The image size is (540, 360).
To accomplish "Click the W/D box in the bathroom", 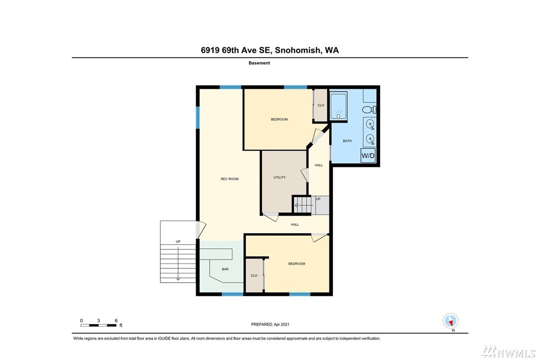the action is pyautogui.click(x=368, y=156).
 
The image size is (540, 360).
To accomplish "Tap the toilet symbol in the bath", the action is pyautogui.click(x=369, y=110).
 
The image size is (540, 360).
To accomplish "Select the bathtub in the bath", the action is pyautogui.click(x=338, y=106).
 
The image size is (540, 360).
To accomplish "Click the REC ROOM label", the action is pyautogui.click(x=229, y=179).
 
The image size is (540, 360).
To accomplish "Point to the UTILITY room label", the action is pyautogui.click(x=279, y=177).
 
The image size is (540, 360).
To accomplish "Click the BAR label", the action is pyautogui.click(x=225, y=269).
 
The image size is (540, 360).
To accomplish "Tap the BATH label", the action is pyautogui.click(x=347, y=141).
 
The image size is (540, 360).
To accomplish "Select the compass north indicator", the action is pyautogui.click(x=450, y=322).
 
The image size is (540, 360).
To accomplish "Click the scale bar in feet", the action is pyautogui.click(x=99, y=325).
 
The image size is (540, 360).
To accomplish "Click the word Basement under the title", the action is pyautogui.click(x=259, y=63).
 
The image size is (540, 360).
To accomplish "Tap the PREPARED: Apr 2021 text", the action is pyautogui.click(x=270, y=324).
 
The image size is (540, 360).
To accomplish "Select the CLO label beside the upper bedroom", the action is pyautogui.click(x=321, y=106).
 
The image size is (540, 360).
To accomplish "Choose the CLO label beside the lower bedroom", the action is pyautogui.click(x=254, y=275).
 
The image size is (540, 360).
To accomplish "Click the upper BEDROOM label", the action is pyautogui.click(x=279, y=120).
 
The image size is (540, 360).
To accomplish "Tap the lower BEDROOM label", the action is pyautogui.click(x=297, y=264).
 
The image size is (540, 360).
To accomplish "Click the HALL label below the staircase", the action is pyautogui.click(x=295, y=225).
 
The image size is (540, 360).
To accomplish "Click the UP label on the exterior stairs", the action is pyautogui.click(x=178, y=242).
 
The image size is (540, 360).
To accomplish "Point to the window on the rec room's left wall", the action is pyautogui.click(x=198, y=117).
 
